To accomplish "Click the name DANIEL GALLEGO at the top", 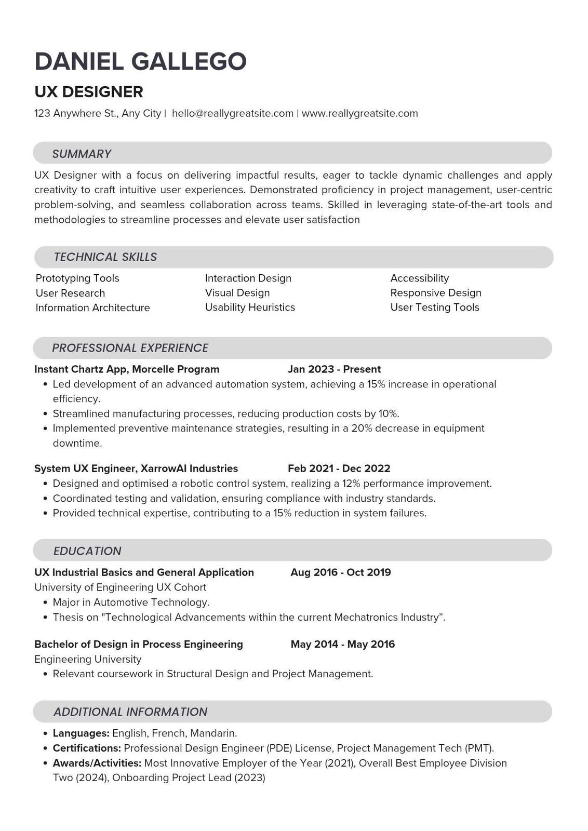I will [x=140, y=61].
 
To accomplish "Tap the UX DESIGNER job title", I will [x=88, y=92].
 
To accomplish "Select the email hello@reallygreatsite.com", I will [x=232, y=113].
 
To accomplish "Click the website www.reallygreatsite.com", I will [x=359, y=113].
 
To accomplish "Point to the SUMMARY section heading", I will [x=82, y=154].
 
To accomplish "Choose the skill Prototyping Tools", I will [x=77, y=278].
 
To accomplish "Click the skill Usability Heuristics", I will [x=250, y=307].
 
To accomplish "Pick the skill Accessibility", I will [x=419, y=278].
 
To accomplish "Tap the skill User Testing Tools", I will [x=434, y=307].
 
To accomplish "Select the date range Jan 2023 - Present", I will [x=334, y=369].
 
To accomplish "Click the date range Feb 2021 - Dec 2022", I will [x=339, y=468].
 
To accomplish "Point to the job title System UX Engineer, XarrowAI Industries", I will [x=136, y=468].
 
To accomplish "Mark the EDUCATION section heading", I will [x=87, y=551].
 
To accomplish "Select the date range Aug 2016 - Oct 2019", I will [x=340, y=572].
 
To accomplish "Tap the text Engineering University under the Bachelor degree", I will [x=88, y=659].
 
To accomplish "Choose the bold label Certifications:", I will [x=87, y=748].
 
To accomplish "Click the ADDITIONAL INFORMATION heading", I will [x=130, y=712].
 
